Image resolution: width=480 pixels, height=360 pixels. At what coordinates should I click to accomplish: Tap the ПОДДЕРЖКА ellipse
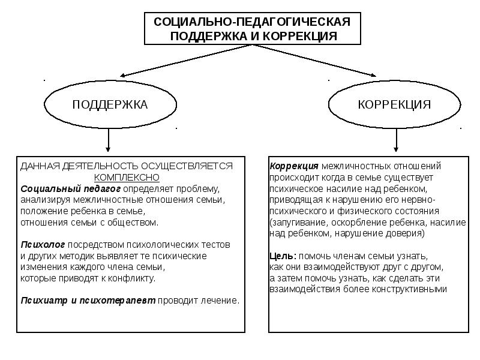pyautogui.click(x=110, y=104)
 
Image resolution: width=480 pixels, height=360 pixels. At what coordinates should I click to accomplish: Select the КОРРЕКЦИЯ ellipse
pyautogui.click(x=394, y=104)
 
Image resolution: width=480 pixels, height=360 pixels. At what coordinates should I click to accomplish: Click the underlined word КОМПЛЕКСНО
pyautogui.click(x=127, y=177)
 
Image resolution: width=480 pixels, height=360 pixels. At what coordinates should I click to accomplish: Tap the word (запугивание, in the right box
pyautogui.click(x=298, y=222)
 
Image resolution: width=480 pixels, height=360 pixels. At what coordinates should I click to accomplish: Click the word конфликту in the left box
pyautogui.click(x=135, y=278)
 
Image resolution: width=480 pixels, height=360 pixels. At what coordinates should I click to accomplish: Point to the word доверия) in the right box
pyautogui.click(x=407, y=233)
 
